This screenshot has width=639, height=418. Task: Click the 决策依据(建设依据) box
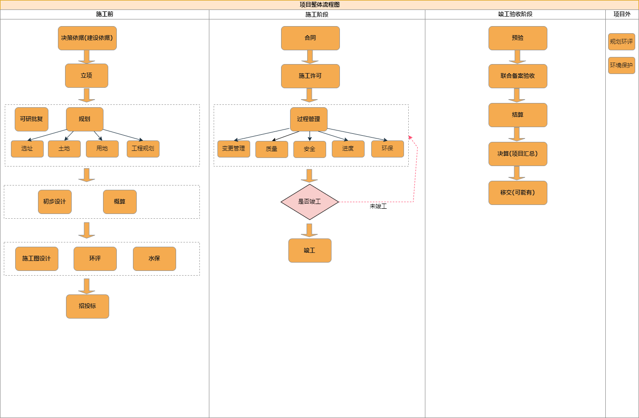87,38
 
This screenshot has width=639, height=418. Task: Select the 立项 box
86,76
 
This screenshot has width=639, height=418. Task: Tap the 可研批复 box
31,119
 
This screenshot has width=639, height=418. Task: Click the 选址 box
27,149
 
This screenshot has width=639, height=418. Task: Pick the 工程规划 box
143,149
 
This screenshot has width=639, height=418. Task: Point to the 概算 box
120,202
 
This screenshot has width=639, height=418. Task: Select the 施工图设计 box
37,259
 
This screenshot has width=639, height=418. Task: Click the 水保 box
154,259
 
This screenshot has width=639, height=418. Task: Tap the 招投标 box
87,306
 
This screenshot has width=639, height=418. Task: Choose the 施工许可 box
310,76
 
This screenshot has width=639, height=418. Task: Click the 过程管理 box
309,119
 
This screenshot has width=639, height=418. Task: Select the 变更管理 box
234,149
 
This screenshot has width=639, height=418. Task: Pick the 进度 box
348,149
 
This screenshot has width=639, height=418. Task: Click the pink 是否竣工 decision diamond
310,202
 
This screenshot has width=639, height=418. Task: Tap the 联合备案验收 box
517,76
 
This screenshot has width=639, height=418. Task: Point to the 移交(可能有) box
517,193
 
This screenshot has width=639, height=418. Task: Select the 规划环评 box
621,42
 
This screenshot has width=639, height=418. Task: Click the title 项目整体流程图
319,5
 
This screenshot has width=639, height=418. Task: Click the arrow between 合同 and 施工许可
310,57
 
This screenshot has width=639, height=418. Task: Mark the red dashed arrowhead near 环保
411,138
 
